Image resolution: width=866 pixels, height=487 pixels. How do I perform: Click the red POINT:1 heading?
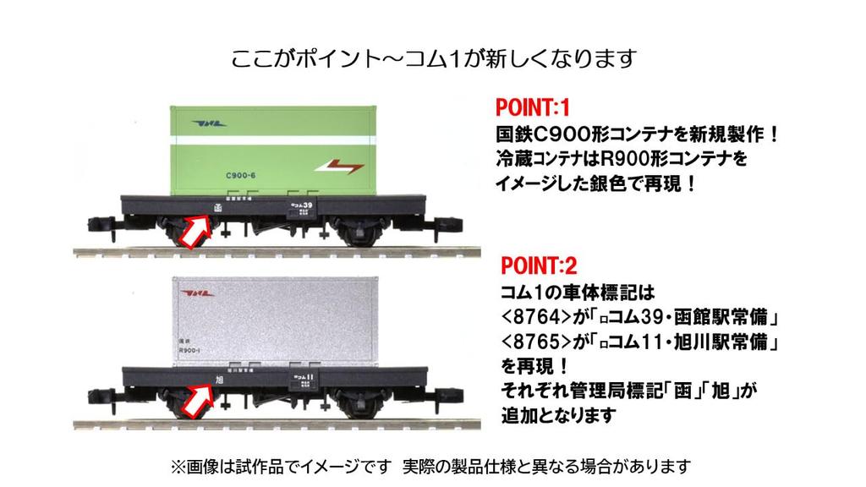(x=533, y=110)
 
